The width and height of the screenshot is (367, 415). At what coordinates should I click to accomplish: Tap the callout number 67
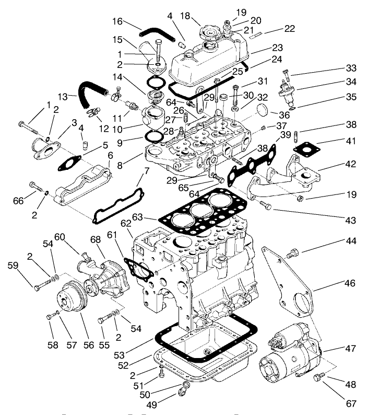click(x=350, y=403)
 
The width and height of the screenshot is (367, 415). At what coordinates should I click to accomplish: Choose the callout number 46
click(x=349, y=284)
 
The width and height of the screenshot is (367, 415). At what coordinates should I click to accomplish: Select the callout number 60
click(x=60, y=236)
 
